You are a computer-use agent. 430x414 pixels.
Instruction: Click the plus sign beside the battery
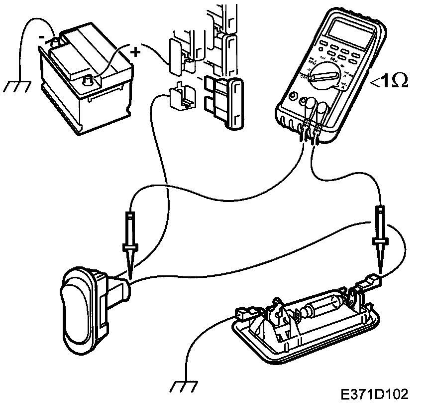tap(135, 51)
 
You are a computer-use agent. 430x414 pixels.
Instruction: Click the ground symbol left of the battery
tap(15, 86)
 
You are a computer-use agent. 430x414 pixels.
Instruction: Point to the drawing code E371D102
tap(375, 394)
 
